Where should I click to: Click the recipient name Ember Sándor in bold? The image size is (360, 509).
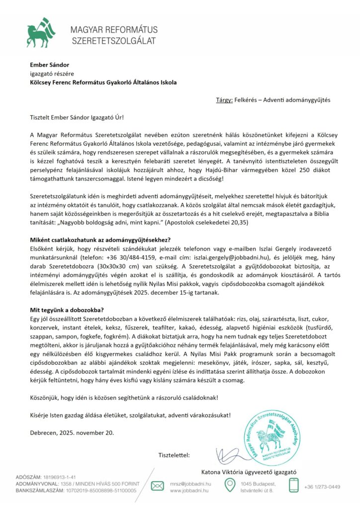pos(49,65)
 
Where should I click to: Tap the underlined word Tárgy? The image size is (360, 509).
pos(224,100)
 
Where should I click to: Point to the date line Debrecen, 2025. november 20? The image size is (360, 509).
pos(72,432)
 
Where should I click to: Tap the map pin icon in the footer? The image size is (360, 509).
pos(229,485)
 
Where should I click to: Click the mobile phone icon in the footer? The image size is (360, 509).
pos(294,485)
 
